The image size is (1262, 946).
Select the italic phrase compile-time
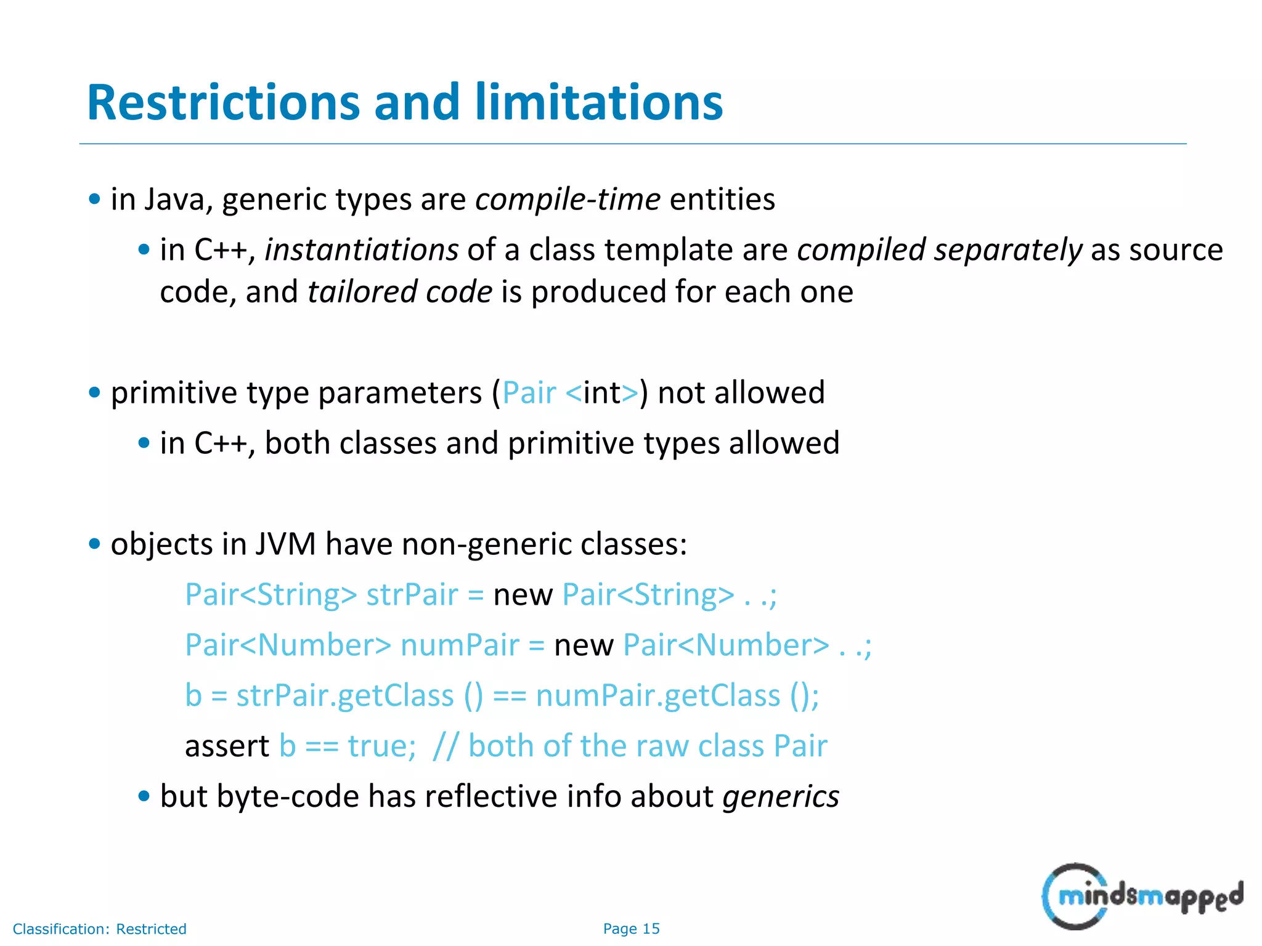(568, 199)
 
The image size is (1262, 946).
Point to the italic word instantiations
(362, 250)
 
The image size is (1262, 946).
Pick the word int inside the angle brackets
(602, 393)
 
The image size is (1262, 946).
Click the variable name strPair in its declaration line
(412, 595)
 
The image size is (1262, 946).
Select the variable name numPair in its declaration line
(460, 645)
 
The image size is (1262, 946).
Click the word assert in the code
(227, 746)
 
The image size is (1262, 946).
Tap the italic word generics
(781, 797)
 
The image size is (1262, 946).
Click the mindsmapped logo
(1142, 896)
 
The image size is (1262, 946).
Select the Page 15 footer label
(631, 929)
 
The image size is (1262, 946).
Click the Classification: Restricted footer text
(99, 929)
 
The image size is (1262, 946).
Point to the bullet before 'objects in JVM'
(94, 544)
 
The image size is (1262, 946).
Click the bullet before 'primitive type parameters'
(94, 393)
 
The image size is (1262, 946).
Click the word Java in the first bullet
(174, 200)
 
